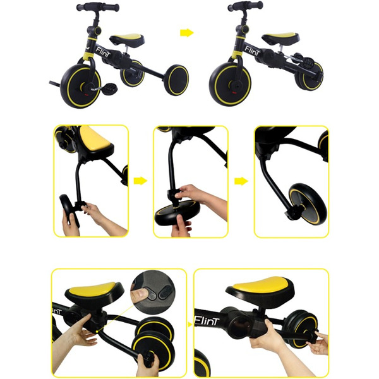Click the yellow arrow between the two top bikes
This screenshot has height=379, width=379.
pos(187,33)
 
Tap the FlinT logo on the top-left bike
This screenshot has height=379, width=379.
pos(103,52)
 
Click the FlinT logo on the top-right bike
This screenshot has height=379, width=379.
pos(252,51)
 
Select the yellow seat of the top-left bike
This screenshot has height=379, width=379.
pos(127,39)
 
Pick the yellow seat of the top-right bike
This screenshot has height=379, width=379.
pos(281,37)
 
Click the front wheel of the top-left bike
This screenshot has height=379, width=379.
pos(80,85)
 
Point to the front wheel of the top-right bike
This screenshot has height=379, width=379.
pos(230,84)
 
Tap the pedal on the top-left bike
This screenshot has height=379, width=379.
pos(110,88)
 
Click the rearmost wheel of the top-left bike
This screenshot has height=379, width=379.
pos(176,80)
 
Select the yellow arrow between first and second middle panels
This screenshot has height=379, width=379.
pos(140,181)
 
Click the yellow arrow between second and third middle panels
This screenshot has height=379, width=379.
pos(241,181)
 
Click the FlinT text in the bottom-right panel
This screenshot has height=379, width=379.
pos(207,321)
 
